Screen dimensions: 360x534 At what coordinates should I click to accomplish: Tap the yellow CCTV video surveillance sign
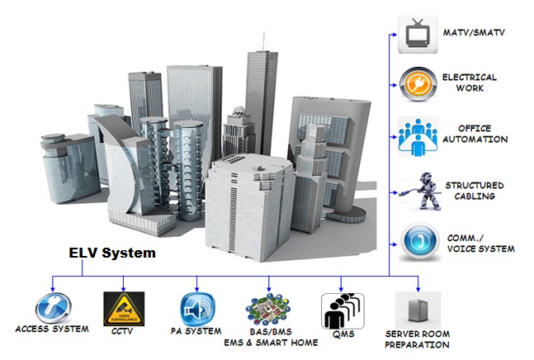(x=121, y=308)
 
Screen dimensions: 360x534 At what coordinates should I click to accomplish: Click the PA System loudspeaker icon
(x=197, y=307)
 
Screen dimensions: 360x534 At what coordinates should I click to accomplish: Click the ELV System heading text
(x=111, y=254)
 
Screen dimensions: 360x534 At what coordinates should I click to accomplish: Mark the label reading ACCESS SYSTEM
(x=51, y=331)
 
